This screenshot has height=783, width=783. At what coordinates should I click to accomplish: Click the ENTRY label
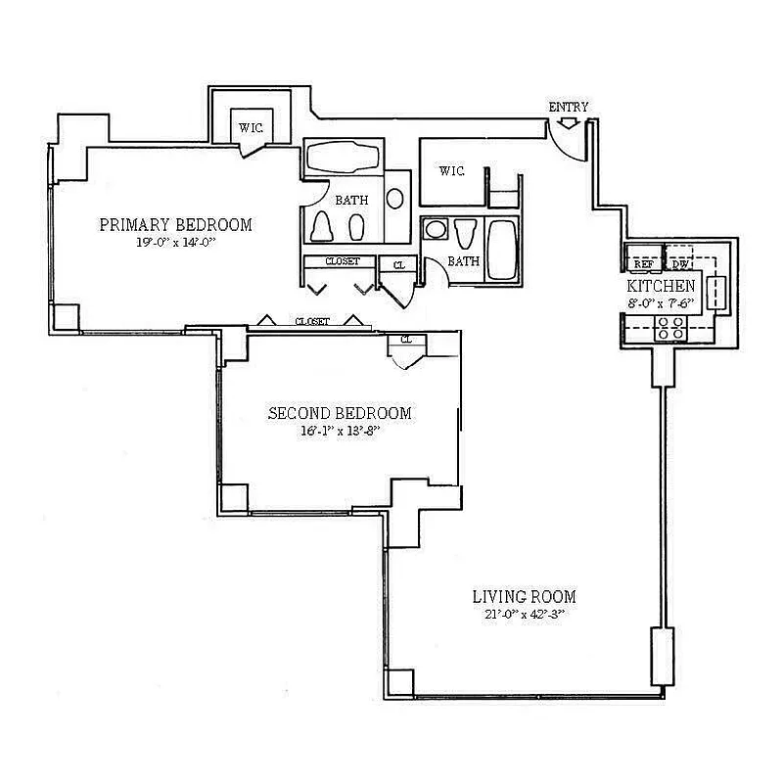(569, 107)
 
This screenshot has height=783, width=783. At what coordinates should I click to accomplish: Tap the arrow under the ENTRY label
(569, 123)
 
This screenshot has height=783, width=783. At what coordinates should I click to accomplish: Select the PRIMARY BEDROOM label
(176, 225)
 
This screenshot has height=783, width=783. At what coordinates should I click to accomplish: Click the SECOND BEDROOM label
(340, 413)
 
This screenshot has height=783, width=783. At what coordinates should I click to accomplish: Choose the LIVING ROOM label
(524, 596)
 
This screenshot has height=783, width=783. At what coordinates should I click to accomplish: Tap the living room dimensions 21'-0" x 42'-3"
(524, 614)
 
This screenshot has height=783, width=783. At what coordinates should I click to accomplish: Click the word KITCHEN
(662, 286)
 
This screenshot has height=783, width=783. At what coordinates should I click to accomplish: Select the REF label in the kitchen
(643, 264)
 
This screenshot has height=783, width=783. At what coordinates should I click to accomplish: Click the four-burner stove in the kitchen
(671, 327)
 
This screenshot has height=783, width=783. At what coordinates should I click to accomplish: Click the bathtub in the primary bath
(343, 160)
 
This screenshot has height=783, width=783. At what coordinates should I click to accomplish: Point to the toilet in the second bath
(465, 236)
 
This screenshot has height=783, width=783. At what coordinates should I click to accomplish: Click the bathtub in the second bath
(504, 250)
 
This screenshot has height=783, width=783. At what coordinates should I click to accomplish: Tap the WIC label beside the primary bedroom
(252, 128)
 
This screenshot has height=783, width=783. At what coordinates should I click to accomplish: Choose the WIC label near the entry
(451, 172)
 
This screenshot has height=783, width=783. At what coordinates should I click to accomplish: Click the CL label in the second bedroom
(405, 340)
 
